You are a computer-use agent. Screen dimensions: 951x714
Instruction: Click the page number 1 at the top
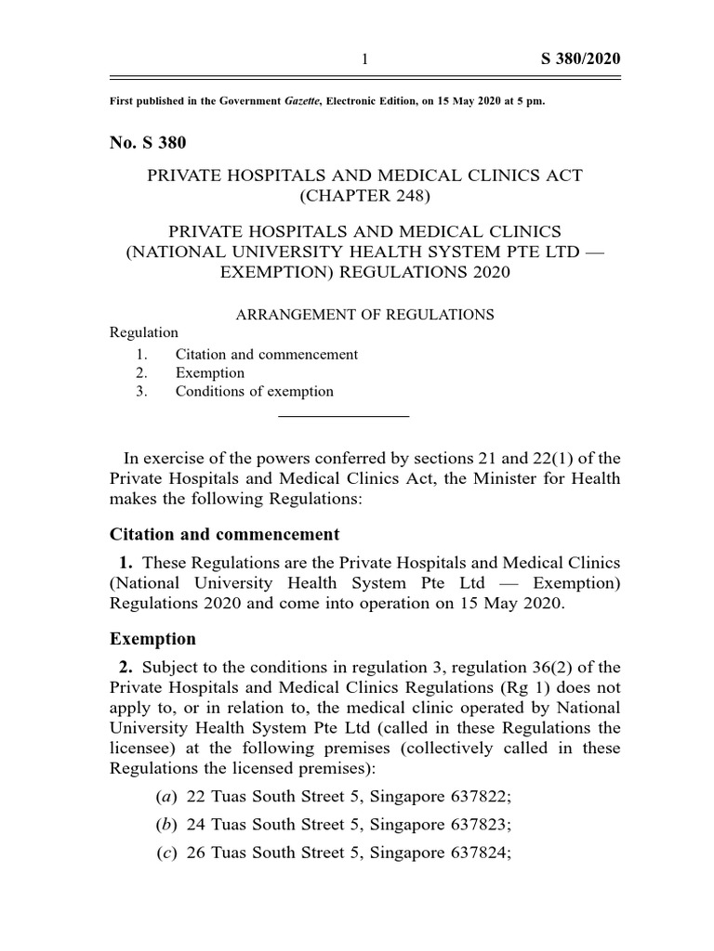coord(365,59)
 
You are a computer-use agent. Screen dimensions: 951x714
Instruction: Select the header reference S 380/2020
coord(580,59)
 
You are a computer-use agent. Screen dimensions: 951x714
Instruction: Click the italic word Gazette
coord(305,100)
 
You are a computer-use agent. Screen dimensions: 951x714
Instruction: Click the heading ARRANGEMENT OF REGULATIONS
coord(364,314)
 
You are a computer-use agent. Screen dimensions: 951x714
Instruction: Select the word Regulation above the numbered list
coord(143,332)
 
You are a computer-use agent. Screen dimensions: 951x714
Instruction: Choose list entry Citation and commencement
coord(266,354)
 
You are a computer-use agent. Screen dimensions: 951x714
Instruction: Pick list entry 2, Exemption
coord(209,372)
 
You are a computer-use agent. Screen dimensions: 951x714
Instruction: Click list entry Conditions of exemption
coord(254,391)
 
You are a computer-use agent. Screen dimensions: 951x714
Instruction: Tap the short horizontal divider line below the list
coord(344,416)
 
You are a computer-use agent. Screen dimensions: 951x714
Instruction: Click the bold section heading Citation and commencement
coord(224,534)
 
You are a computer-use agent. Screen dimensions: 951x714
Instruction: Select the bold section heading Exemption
coord(152,639)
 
